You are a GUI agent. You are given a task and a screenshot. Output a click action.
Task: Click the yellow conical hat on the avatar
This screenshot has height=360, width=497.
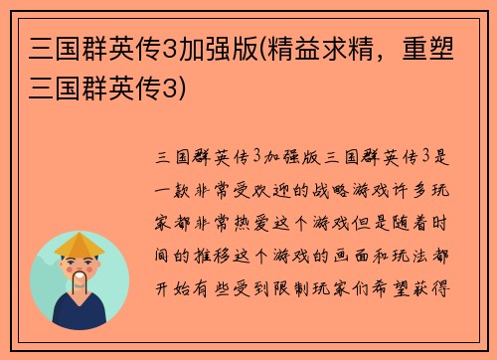[81, 244]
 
